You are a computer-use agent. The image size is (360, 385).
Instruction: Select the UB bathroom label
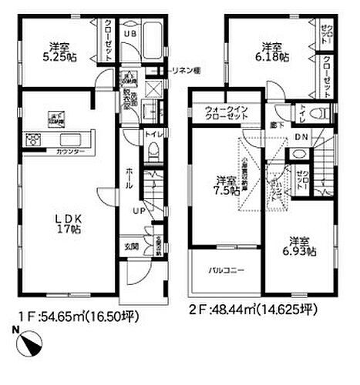coord(132,35)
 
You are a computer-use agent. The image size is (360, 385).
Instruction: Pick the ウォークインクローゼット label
coord(227,115)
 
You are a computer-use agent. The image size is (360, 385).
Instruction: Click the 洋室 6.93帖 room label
coord(298,246)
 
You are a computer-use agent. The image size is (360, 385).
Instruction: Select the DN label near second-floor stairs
coord(303,139)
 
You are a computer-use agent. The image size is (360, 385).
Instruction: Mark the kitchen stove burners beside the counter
coord(34,139)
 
